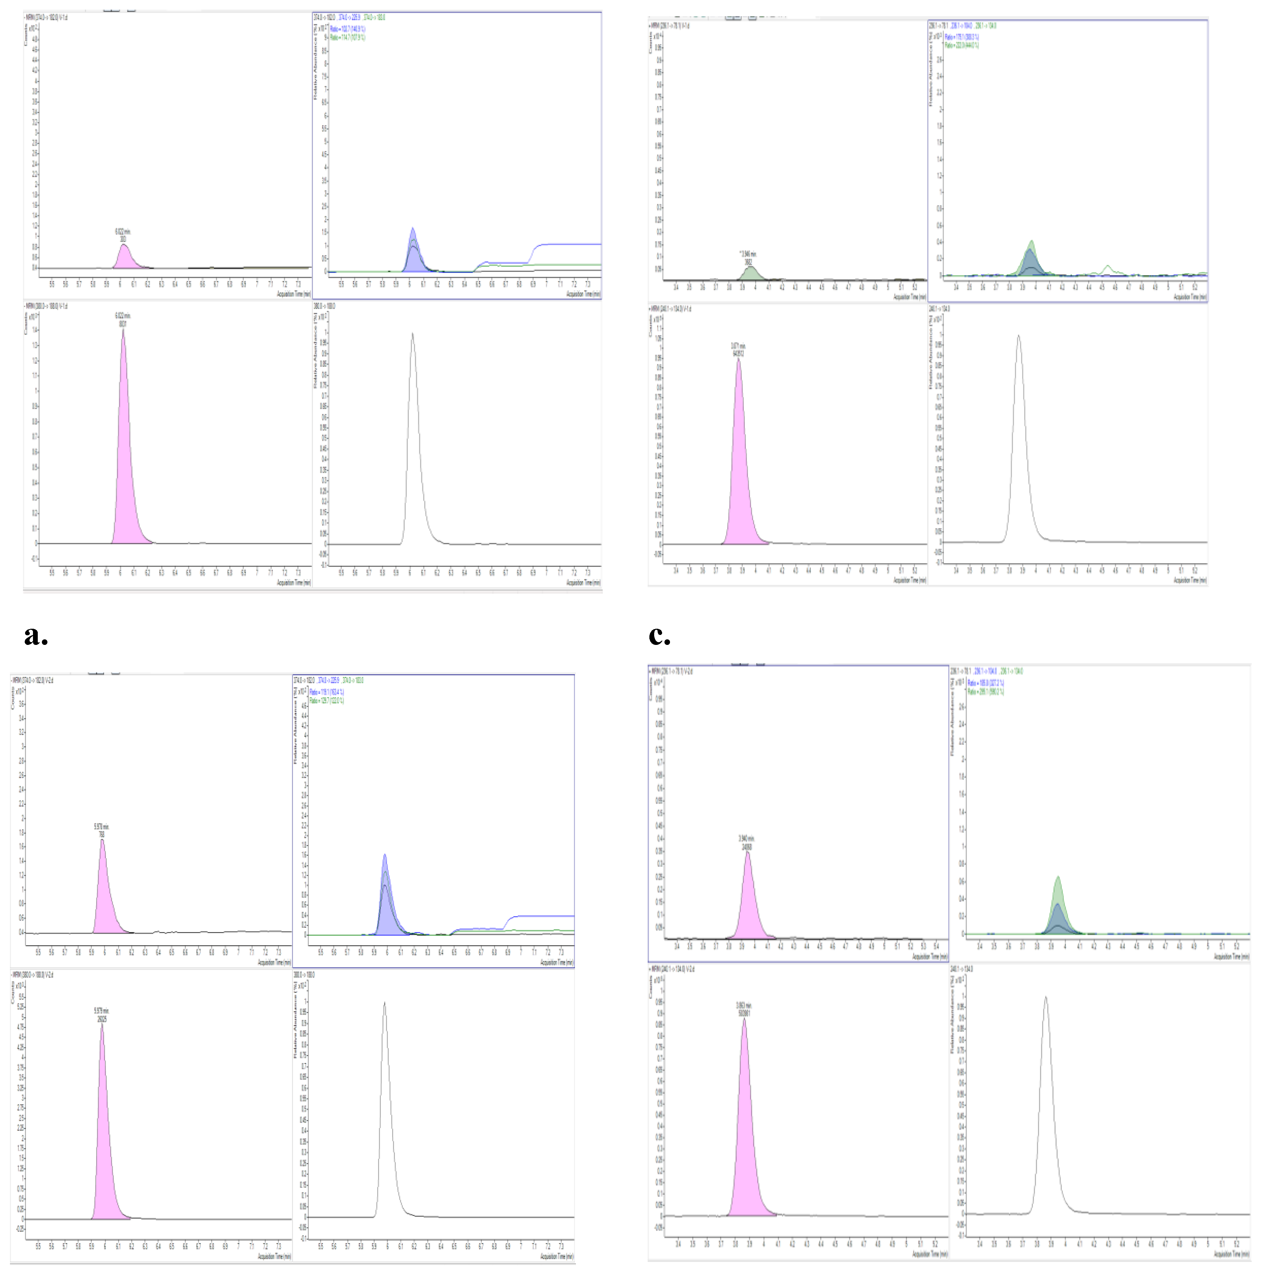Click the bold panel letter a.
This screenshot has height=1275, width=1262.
[36, 636]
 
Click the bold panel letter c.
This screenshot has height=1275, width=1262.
[659, 636]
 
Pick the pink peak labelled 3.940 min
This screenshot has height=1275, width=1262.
[748, 904]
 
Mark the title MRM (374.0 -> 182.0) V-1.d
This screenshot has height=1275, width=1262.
[46, 17]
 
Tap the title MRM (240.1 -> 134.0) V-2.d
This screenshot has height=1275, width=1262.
[672, 969]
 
